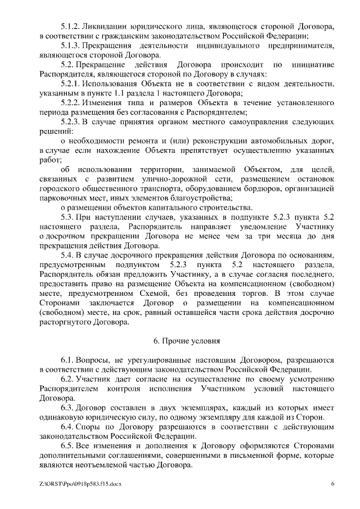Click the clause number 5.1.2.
click(70, 26)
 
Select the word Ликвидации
click(105, 26)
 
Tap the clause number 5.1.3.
click(70, 46)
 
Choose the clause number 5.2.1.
click(70, 84)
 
